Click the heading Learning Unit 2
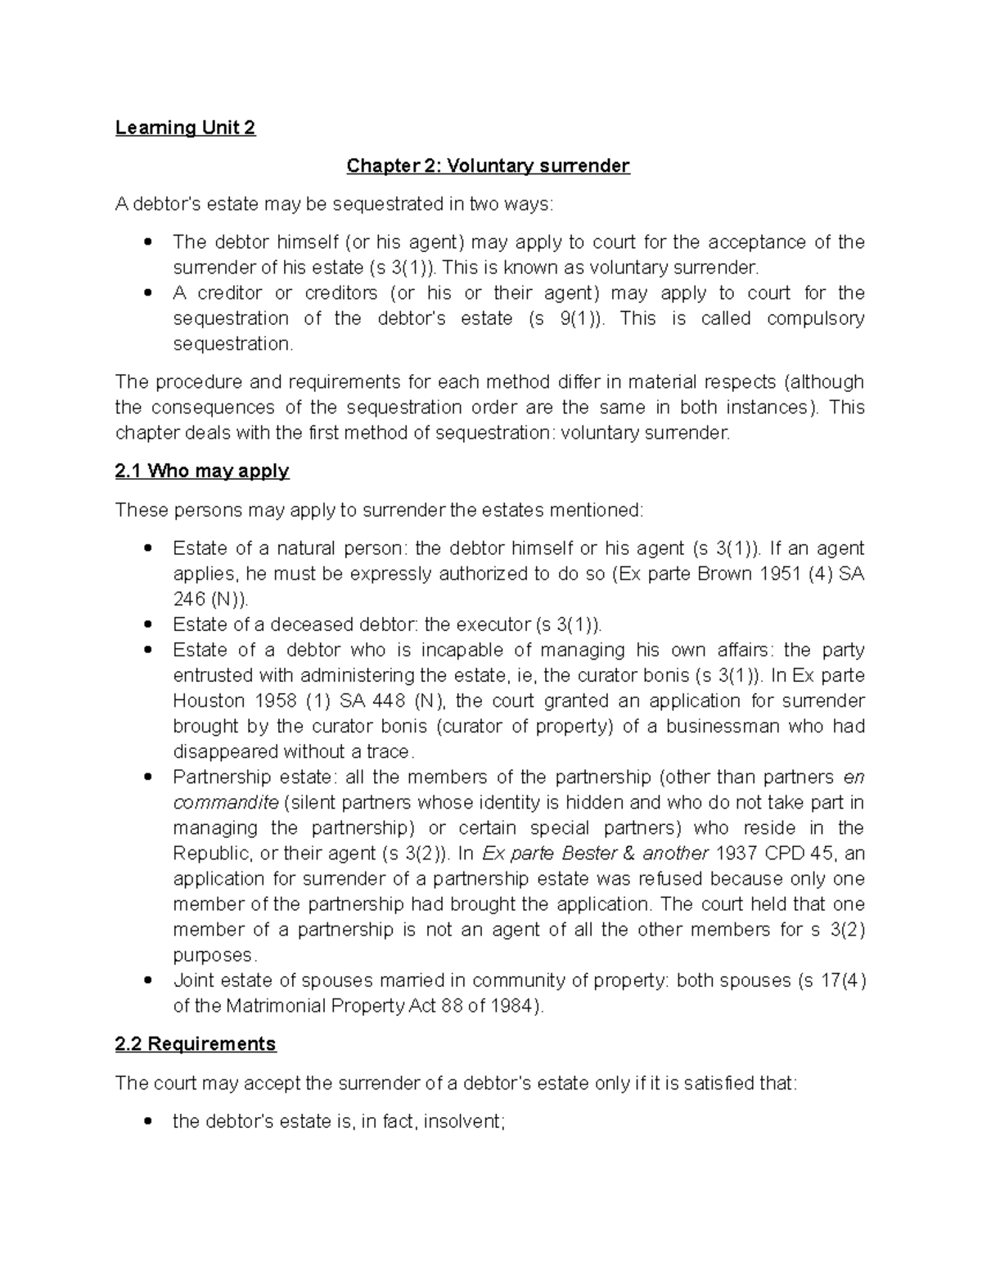[185, 128]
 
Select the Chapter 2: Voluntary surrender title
[488, 166]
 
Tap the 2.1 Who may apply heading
[202, 471]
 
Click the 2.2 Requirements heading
[196, 1044]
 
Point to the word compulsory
[815, 318]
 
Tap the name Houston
[209, 701]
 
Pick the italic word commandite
[226, 803]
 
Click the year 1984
[515, 1006]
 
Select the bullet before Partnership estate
[148, 777]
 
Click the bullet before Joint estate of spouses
[148, 980]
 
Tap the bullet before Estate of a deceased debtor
[148, 624]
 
